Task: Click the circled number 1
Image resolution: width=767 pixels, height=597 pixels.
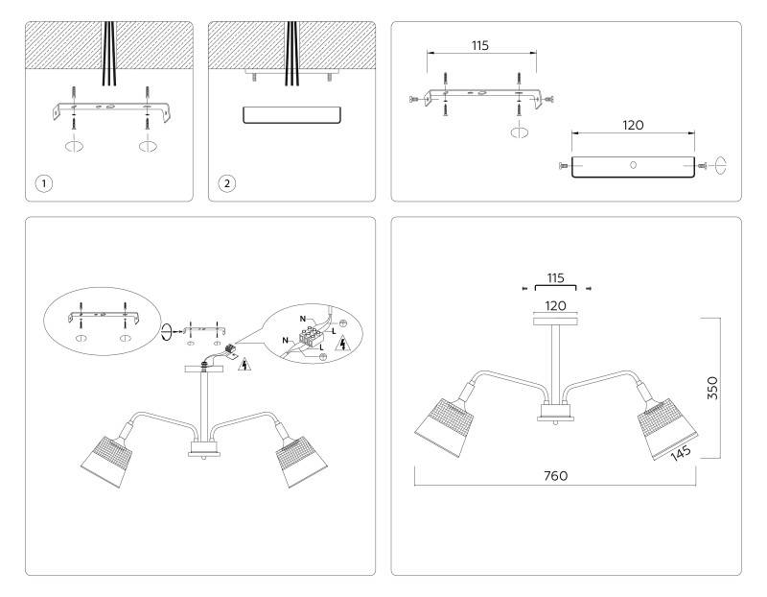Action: point(44,183)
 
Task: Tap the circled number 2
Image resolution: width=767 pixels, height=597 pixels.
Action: point(226,183)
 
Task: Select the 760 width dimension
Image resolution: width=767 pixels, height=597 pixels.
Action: point(556,475)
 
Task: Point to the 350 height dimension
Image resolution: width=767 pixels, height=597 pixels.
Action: point(712,388)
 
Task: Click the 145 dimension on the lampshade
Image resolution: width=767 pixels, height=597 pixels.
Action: point(681,453)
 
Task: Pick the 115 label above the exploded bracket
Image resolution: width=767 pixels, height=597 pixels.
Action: point(480,45)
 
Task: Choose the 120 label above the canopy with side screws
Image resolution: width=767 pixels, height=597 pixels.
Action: point(633,126)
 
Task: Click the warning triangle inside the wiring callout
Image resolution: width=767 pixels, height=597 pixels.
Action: point(342,344)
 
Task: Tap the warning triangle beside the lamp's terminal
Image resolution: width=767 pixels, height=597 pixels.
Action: point(244,365)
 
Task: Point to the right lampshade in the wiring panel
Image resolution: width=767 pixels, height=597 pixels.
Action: point(301,462)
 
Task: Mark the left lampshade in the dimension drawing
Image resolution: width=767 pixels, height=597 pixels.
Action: point(445,427)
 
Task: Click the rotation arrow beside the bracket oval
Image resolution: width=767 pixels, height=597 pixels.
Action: point(167,331)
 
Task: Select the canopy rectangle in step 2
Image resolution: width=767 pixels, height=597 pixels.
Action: point(292,115)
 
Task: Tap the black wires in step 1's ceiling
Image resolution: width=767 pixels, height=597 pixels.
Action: point(109,54)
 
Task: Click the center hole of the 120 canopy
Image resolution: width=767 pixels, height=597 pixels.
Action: point(633,165)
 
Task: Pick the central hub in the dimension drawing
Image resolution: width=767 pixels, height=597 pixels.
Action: point(555,411)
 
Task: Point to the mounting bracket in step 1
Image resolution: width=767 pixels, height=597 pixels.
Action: point(112,111)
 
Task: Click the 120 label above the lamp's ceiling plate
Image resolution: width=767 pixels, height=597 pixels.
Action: point(556,306)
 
